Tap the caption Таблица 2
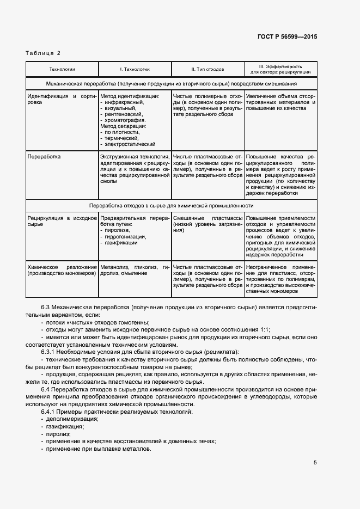click(43, 53)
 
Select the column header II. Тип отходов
click(208, 69)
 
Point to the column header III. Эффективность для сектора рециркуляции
click(280, 69)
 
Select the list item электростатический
click(130, 144)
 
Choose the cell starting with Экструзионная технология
click(135, 169)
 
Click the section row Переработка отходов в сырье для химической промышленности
click(171, 206)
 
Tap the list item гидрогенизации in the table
click(125, 236)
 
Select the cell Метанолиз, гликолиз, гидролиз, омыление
click(135, 270)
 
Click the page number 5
click(315, 463)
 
